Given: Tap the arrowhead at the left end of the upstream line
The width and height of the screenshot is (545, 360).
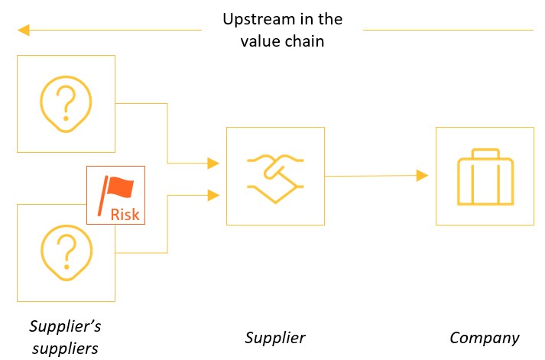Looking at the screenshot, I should [23, 31].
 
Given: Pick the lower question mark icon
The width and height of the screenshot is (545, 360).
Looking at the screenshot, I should [66, 251].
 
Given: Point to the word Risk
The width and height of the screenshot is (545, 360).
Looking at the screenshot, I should [125, 214].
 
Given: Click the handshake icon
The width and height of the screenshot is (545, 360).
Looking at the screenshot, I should [275, 177].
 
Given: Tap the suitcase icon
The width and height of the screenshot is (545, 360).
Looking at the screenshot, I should [484, 177].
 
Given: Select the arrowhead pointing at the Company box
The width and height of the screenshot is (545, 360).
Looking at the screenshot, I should [422, 176].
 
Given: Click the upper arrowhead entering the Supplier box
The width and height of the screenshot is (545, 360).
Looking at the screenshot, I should [213, 163].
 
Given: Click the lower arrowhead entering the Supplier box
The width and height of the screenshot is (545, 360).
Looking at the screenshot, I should [213, 195].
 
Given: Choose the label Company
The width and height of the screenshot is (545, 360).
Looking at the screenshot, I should [484, 338].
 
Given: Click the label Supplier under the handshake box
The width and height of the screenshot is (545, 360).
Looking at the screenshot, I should [275, 338].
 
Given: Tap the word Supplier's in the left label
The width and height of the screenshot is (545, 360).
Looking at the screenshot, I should [65, 326].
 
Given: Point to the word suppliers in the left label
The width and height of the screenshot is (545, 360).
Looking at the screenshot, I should [65, 349].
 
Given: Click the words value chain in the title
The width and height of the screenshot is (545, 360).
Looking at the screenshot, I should [284, 41].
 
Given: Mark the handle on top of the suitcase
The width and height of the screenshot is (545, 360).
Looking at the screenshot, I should [484, 154].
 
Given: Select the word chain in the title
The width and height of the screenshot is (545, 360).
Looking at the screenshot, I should [304, 41].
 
